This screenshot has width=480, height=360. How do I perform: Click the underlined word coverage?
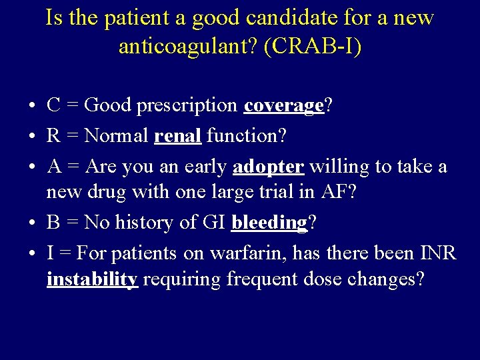[x=283, y=105]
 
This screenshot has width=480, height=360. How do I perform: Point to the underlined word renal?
[x=177, y=135]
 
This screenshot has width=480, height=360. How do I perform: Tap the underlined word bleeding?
[x=269, y=222]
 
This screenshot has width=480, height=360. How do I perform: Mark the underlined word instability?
[x=92, y=279]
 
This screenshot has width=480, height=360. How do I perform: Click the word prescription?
[x=188, y=105]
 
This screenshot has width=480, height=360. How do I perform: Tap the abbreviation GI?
[x=211, y=222]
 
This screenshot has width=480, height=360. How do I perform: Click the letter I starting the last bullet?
[x=50, y=253]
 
